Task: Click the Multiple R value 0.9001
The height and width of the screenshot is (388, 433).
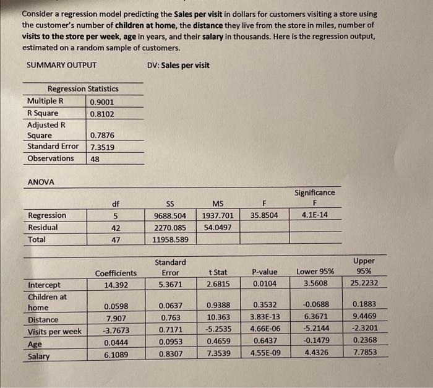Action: pos(101,101)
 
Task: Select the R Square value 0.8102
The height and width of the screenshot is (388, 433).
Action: pos(101,113)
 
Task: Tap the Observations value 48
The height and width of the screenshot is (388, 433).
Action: pos(95,158)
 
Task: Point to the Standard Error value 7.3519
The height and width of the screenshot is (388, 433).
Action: pos(101,147)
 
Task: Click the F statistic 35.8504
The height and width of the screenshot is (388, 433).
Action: pos(264,215)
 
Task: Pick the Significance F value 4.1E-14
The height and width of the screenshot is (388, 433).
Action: pos(315,215)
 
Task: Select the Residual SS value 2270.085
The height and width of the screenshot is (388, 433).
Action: pos(169,228)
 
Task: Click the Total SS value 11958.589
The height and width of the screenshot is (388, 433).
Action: pos(169,239)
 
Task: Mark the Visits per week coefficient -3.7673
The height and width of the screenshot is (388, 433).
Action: pos(116,331)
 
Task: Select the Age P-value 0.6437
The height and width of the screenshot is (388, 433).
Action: pos(265,342)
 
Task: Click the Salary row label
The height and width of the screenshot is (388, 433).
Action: pos(39,356)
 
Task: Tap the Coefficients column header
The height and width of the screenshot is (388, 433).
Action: pos(116,273)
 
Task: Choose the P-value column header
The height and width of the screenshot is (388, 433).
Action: pos(265,272)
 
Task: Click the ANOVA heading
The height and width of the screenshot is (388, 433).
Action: pos(41,182)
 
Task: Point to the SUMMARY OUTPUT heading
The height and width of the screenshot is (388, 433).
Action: pos(61,66)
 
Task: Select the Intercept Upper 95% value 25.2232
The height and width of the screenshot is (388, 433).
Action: pos(364,284)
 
